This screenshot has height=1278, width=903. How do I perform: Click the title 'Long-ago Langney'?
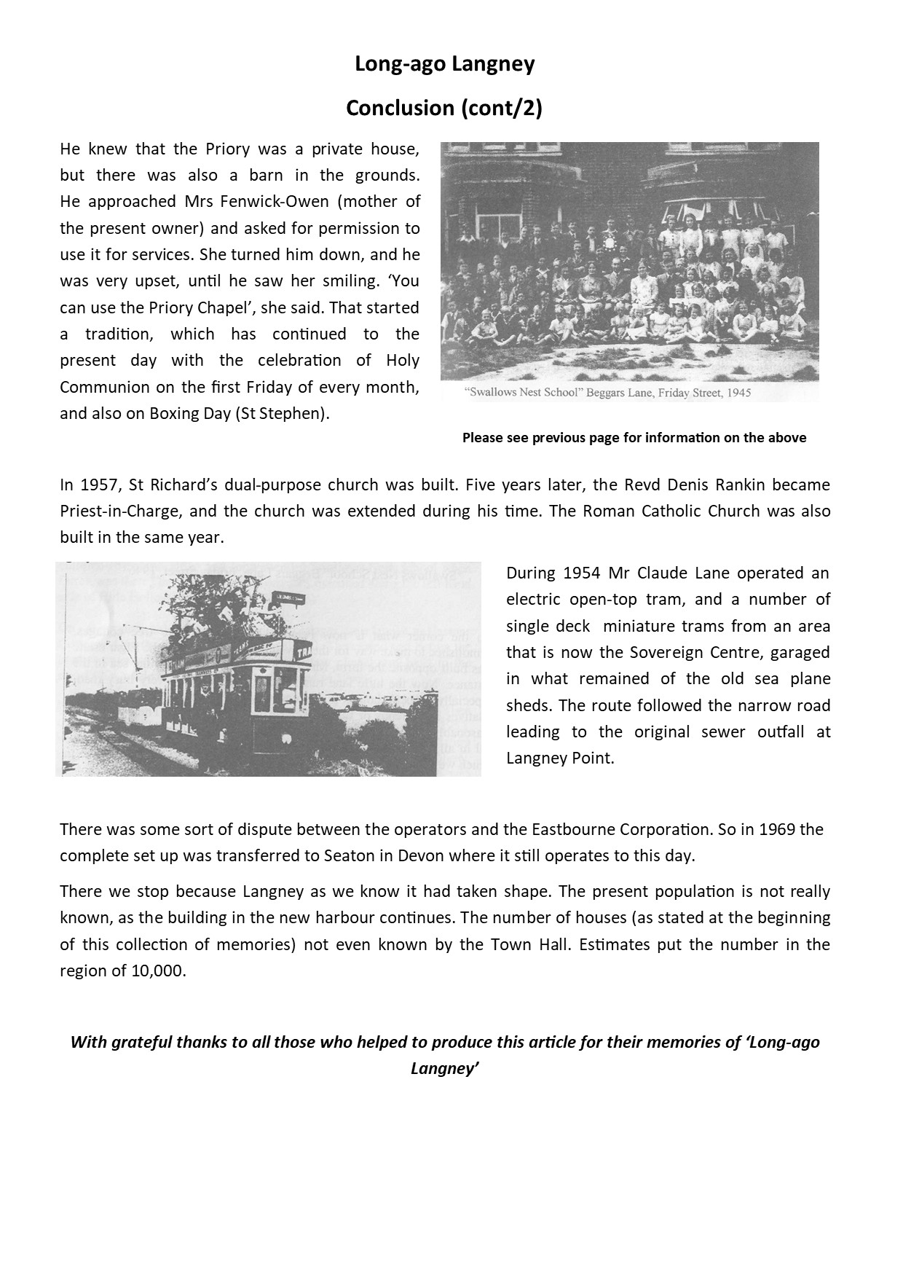[444, 64]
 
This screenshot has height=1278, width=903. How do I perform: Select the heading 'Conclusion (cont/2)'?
[444, 108]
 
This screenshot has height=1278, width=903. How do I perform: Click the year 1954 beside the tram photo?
[582, 573]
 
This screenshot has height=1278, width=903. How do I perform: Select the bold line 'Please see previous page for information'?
[634, 438]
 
